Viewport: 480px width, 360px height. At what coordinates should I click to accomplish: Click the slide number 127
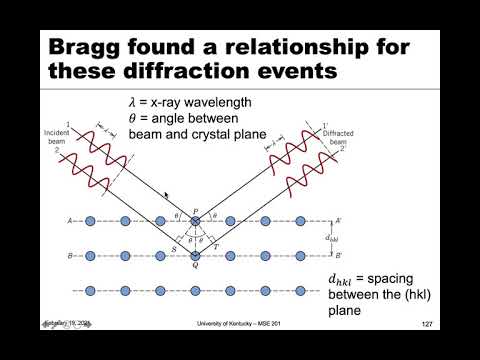(x=427, y=325)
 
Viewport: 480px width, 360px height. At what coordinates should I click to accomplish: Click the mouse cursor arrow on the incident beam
(x=167, y=197)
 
